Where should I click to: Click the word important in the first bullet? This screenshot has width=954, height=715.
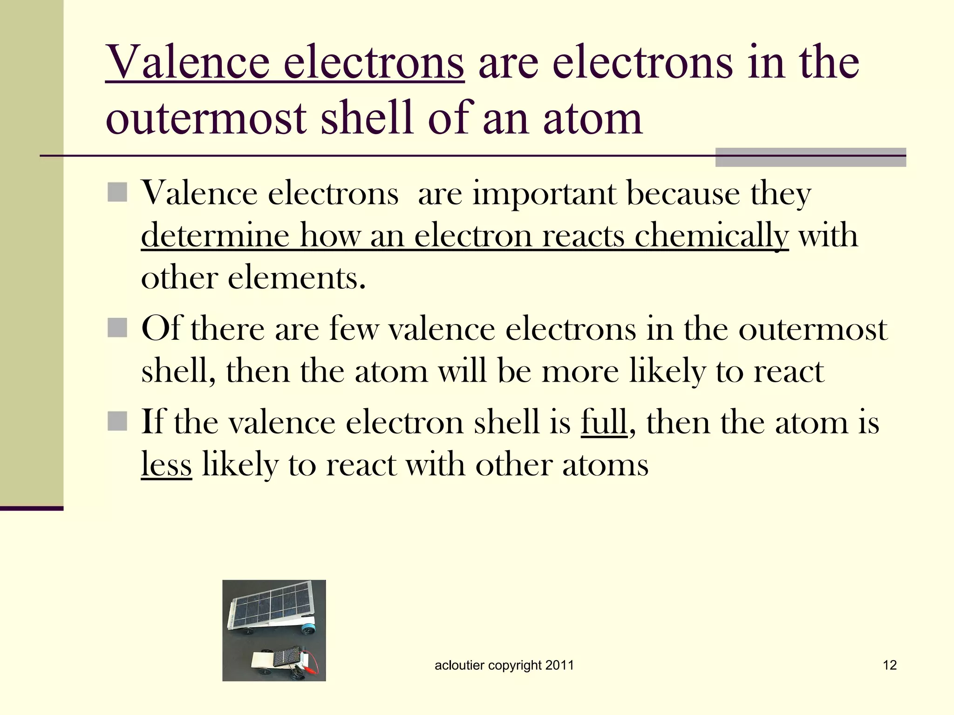(x=544, y=193)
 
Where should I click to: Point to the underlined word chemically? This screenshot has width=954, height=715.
(x=711, y=236)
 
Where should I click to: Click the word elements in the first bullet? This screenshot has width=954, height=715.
(x=297, y=278)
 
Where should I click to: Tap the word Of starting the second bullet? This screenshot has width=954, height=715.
(x=160, y=329)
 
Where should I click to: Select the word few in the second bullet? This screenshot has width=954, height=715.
(x=354, y=329)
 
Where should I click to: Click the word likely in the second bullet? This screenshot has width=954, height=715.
(x=668, y=371)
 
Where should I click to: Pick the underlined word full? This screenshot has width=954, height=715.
(x=604, y=422)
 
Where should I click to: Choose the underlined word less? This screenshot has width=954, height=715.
(x=166, y=465)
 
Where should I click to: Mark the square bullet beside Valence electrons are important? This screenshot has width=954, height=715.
(x=117, y=192)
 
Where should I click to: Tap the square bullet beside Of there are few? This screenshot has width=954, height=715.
(x=117, y=328)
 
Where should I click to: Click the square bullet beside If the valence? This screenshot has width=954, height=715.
(x=117, y=421)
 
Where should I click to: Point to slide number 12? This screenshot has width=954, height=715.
(x=890, y=665)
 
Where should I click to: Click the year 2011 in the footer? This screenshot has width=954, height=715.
(x=559, y=665)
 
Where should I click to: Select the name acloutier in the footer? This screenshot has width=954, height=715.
(x=459, y=665)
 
